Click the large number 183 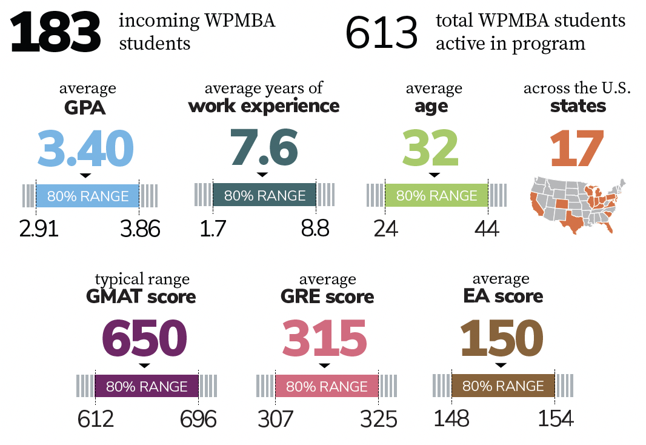55,32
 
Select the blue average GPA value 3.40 85,149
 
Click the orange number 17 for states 577,149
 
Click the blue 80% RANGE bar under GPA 88,196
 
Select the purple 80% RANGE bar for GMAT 147,386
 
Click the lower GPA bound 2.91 39,229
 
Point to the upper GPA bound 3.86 140,229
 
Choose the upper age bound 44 486,229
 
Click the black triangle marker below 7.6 262,175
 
